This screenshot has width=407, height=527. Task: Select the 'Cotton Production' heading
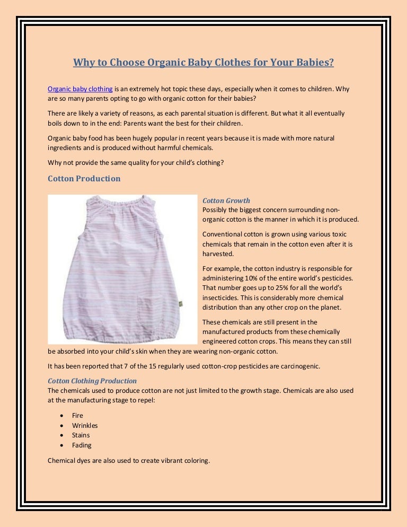[x=84, y=179]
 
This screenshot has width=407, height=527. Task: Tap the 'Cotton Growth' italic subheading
[x=226, y=201]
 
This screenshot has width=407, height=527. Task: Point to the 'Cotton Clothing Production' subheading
[x=92, y=381]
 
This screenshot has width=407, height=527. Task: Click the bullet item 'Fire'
[x=77, y=416]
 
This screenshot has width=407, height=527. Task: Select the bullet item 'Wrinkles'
[x=85, y=426]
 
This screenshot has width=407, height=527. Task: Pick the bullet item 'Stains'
[x=81, y=435]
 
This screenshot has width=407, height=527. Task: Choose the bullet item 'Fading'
[x=82, y=445]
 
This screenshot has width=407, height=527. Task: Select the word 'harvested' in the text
[x=218, y=254]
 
